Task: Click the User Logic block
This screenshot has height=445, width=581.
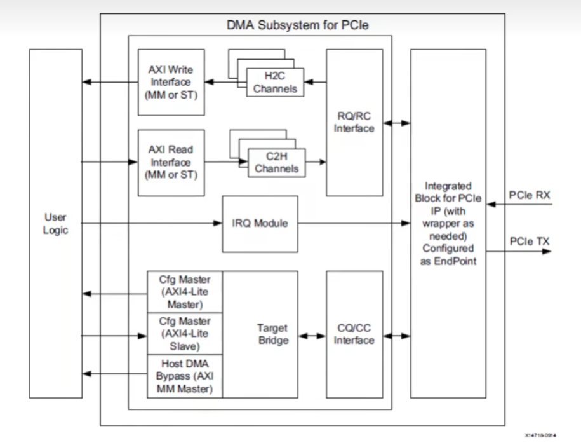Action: pos(56,223)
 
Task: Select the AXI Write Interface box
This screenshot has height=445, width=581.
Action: pos(171,82)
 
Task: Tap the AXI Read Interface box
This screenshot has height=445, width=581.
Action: pos(171,162)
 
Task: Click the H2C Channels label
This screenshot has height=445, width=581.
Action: pos(275,82)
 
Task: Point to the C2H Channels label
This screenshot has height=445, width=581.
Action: pos(275,163)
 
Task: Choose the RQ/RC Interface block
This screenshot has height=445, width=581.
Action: pos(354,122)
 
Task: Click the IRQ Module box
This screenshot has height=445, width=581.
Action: pos(260,223)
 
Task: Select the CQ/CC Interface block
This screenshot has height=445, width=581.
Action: pos(354,334)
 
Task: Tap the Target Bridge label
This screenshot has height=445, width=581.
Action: pos(272,334)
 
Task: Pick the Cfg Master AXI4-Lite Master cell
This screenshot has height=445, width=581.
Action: pos(184,292)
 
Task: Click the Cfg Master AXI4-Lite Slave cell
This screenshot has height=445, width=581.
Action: pos(184,334)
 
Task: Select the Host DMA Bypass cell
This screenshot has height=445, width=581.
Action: pos(184,376)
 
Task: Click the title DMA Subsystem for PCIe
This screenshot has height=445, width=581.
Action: pos(298,26)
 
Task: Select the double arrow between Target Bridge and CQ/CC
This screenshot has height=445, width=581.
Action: pos(311,335)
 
